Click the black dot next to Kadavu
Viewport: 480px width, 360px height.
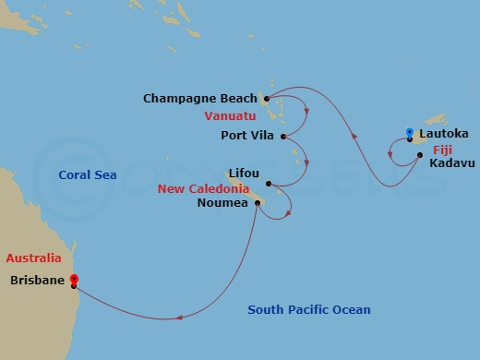[x=421, y=155]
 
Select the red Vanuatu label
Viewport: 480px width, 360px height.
[x=230, y=116]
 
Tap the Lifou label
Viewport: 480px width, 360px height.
[x=244, y=173]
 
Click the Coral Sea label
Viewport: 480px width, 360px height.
[x=87, y=174]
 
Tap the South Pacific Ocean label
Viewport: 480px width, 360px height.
[x=308, y=310]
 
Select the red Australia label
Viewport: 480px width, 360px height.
[x=33, y=258]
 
